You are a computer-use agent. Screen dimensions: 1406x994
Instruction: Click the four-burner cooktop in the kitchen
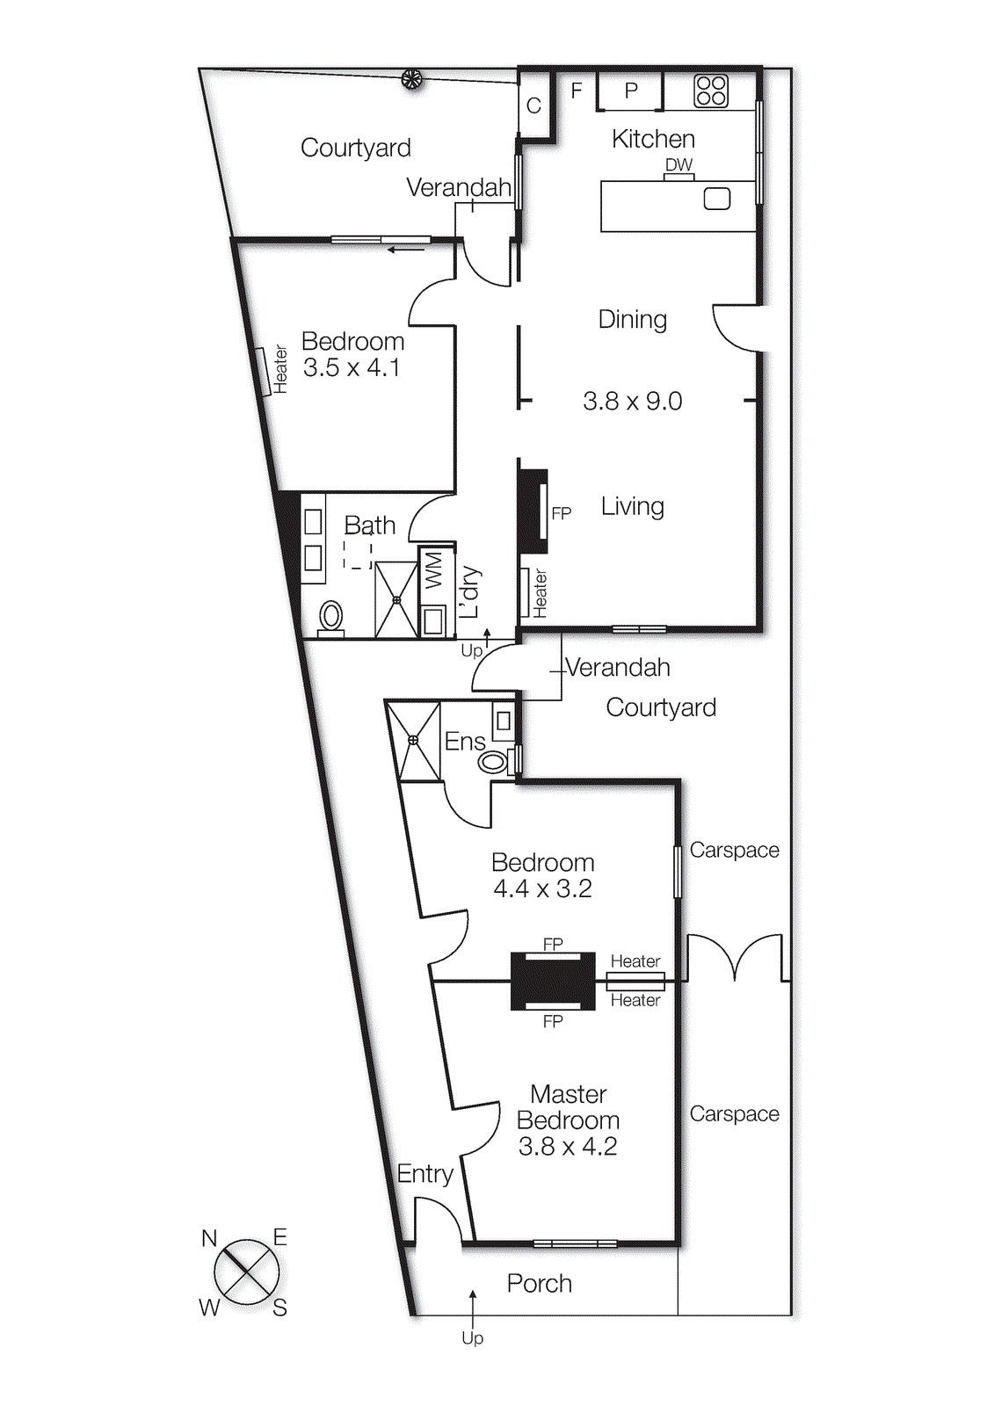[711, 91]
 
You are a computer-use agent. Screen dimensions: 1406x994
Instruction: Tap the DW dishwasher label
[678, 165]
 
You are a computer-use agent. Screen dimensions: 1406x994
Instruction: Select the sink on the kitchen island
[717, 199]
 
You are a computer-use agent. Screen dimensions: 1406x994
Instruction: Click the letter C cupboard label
[533, 106]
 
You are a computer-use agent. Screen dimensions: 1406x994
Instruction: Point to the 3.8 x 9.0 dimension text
[632, 402]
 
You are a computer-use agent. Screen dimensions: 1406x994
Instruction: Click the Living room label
[632, 506]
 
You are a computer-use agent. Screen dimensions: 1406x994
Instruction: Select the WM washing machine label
[434, 569]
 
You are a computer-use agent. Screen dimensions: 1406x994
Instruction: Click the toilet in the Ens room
[493, 762]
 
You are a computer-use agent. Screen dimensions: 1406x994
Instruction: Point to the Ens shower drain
[413, 740]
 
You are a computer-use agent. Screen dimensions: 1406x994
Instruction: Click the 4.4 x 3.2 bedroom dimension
[542, 889]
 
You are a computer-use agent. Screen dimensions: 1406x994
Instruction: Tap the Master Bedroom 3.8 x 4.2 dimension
[567, 1147]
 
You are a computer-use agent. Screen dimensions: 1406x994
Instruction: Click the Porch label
[539, 1284]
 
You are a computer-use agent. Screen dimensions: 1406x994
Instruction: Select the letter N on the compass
[209, 1238]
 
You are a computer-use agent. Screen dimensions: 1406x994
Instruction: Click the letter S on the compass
[279, 1308]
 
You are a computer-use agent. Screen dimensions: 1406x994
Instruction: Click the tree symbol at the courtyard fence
[411, 80]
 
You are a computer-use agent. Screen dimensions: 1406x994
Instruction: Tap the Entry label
[424, 1174]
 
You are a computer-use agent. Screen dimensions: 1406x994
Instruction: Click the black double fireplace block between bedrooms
[553, 982]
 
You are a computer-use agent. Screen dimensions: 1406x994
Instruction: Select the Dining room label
[632, 320]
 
